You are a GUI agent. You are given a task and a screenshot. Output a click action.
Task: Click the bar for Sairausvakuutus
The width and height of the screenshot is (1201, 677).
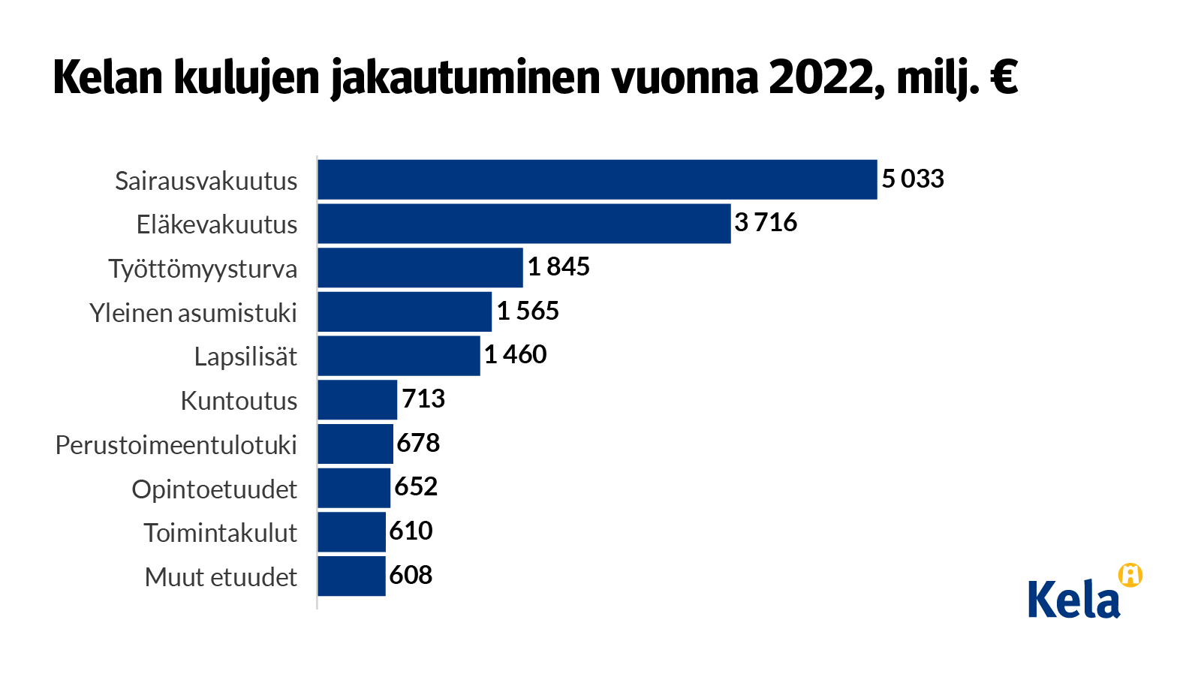[x=597, y=179]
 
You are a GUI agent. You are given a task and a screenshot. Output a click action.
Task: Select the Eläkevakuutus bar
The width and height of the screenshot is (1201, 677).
[x=524, y=224]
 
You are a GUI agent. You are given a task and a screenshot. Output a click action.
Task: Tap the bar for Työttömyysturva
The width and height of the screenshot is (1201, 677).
[x=420, y=268]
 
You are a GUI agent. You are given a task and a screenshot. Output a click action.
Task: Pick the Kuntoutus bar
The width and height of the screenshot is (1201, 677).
[x=357, y=400]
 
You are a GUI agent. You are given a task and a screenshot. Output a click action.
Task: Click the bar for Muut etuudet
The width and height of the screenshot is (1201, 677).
[x=351, y=576]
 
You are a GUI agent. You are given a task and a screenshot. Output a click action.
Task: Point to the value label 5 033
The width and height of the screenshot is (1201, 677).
[x=912, y=179]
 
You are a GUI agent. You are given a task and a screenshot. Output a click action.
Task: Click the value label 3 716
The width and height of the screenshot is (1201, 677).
[x=766, y=222]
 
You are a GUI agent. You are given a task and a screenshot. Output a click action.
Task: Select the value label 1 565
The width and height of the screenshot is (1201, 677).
[x=528, y=311]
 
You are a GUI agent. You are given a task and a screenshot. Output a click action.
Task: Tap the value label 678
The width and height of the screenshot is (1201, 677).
[x=418, y=443]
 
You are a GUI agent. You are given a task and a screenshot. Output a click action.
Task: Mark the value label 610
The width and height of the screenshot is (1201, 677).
[x=411, y=531]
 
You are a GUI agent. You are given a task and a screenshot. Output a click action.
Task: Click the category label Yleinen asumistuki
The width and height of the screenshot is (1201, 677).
[x=193, y=313]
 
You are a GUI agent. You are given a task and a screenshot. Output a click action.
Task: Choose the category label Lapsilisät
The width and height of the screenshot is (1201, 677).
[x=245, y=357]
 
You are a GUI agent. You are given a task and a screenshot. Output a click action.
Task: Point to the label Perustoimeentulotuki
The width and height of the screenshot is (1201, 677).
[x=176, y=445]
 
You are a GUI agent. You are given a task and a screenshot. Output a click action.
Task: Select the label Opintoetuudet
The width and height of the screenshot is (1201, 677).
[x=214, y=489]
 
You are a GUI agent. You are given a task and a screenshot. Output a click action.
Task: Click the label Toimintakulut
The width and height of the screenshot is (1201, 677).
[x=220, y=533]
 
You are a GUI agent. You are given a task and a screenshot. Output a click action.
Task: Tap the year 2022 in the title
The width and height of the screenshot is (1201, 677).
[x=821, y=77]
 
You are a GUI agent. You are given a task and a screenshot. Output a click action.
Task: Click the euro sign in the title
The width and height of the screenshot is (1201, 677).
[x=1003, y=77]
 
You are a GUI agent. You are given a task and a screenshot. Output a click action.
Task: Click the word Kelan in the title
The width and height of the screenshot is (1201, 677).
[x=108, y=77]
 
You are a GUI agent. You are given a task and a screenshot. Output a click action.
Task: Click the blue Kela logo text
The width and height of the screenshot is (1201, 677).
[x=1073, y=600]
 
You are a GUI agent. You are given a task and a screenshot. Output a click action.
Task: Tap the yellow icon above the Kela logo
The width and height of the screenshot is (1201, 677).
[x=1130, y=575]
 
